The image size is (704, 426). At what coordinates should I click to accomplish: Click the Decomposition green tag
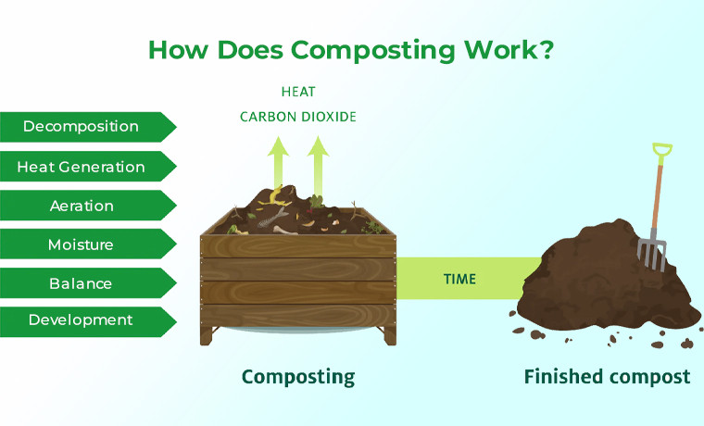(x=82, y=127)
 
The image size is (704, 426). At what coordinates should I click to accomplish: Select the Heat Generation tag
(x=82, y=167)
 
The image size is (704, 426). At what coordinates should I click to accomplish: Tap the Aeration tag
(x=82, y=206)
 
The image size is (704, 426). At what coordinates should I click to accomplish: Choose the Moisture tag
(x=82, y=244)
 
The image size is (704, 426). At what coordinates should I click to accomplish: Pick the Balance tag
(x=82, y=283)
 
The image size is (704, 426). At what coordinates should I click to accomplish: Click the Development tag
(x=82, y=320)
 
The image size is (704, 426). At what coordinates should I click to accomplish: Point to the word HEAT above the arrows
(x=298, y=92)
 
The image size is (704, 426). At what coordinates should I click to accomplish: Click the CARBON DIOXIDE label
(x=298, y=118)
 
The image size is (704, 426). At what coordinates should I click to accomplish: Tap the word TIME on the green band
(x=460, y=278)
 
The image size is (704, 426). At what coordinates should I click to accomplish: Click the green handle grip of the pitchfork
(x=661, y=152)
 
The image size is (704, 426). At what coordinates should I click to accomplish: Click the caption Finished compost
(x=607, y=377)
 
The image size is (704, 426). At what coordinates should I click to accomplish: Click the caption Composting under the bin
(x=298, y=377)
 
